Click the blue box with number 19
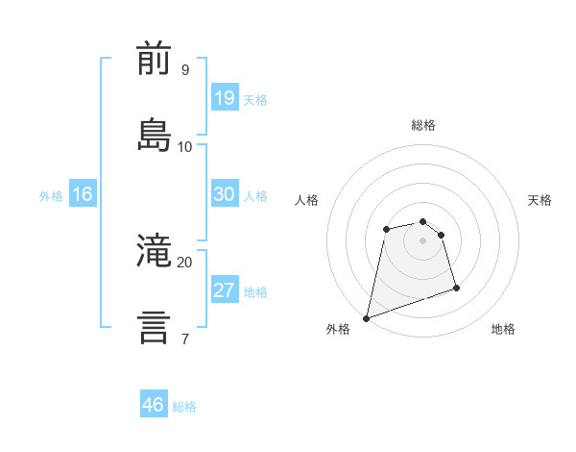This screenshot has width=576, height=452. [224, 98]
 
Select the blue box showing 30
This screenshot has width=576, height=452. [224, 195]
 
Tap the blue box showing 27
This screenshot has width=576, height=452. [224, 291]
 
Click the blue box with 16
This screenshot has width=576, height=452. [83, 195]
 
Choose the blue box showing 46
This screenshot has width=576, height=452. [154, 405]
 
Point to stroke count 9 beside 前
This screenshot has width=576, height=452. [185, 70]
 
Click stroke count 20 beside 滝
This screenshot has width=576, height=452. [184, 262]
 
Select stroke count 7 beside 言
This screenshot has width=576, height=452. [184, 339]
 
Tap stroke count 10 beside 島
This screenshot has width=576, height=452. [185, 147]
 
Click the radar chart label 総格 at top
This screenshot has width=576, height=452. [423, 125]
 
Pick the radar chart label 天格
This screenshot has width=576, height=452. [540, 200]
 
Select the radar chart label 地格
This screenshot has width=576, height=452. [503, 330]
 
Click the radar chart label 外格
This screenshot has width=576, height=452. [338, 330]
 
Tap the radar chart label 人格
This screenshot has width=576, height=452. [307, 200]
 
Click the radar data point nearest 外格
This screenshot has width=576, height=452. [366, 317]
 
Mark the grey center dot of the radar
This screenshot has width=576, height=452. [423, 239]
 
